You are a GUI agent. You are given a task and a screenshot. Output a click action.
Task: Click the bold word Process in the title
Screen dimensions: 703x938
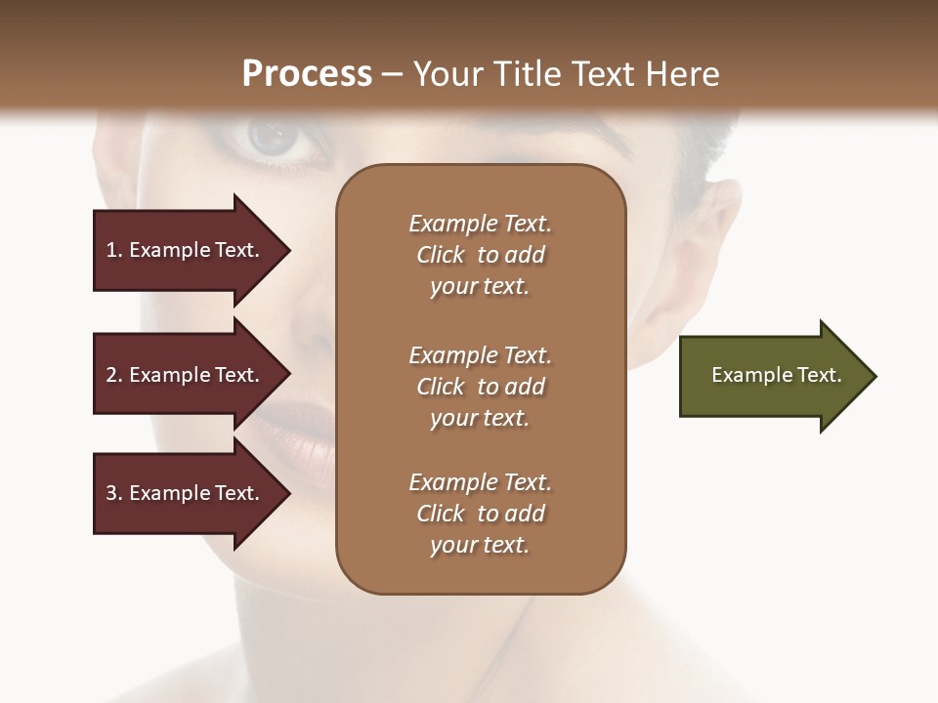tap(307, 74)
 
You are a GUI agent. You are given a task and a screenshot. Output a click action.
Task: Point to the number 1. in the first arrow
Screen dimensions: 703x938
tap(114, 250)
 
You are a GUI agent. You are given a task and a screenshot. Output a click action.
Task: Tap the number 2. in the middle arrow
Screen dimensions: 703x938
tap(114, 375)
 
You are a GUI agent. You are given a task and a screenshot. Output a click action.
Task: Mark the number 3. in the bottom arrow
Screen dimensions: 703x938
tap(114, 493)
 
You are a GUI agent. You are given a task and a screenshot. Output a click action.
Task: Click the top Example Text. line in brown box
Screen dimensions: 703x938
tap(480, 224)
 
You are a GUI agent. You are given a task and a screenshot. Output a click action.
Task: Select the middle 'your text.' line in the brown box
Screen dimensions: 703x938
tap(480, 418)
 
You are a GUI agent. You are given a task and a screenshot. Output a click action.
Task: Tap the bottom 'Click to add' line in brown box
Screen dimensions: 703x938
tap(480, 514)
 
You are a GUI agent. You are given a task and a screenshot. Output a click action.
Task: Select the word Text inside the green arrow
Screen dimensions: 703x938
tap(820, 375)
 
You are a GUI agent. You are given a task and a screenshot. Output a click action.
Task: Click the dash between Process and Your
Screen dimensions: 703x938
tap(393, 75)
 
